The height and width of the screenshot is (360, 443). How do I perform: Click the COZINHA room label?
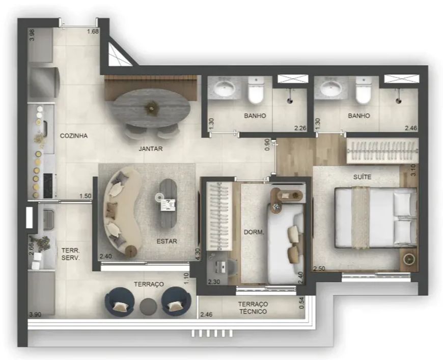coord(74,136)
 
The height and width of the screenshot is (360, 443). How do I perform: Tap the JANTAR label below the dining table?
coord(151,149)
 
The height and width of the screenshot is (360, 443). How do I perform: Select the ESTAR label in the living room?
coord(167,241)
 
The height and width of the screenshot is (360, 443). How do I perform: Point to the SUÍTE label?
coord(362,177)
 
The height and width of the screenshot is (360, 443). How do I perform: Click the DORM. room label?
coord(254,233)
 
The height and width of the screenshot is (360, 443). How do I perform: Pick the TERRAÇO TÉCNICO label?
coord(253,308)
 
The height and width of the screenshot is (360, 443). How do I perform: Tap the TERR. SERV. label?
coord(71,254)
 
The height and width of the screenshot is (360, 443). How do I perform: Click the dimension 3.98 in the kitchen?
coord(32,35)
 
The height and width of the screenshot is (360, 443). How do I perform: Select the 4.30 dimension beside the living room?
coord(198,254)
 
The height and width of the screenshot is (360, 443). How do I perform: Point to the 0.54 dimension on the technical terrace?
coord(302,302)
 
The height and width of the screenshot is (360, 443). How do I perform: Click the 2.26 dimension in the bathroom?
coord(300,128)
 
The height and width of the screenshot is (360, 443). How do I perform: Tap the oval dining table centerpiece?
coord(152,107)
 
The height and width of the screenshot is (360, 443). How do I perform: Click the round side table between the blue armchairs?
coord(148,307)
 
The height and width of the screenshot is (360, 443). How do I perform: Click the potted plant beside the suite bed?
coord(408,259)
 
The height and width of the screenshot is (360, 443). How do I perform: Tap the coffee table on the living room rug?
coord(168,204)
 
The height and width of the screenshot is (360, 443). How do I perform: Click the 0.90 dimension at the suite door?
coord(267,145)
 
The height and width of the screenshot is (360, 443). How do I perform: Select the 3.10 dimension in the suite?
coord(413,170)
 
